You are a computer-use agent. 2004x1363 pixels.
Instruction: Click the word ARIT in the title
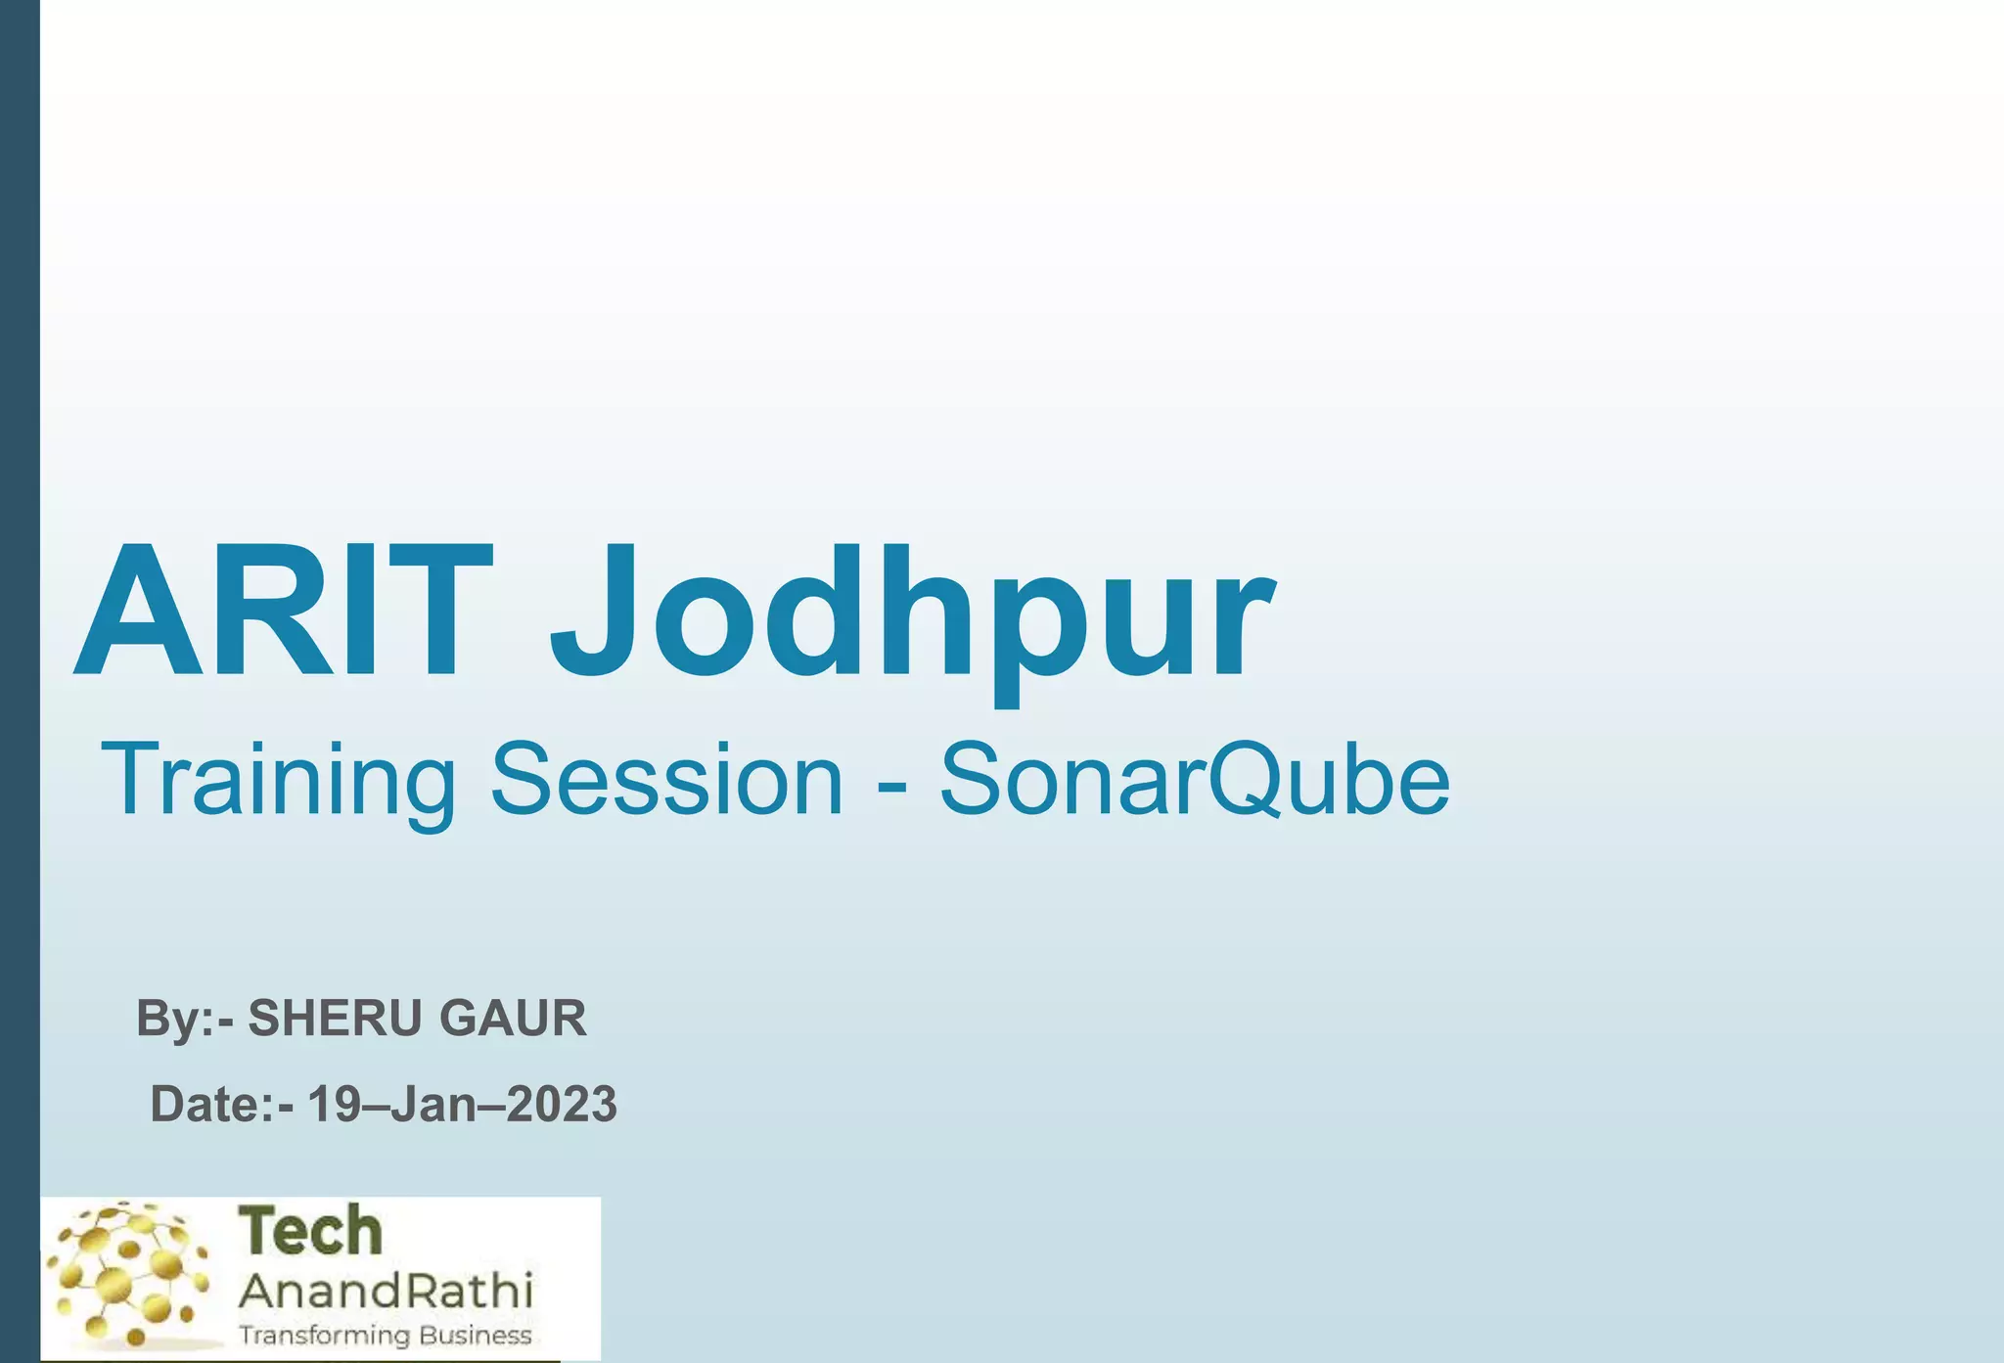coord(284,612)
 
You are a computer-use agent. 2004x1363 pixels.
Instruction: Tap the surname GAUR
coord(513,1019)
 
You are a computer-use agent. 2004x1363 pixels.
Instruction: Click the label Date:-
coord(221,1105)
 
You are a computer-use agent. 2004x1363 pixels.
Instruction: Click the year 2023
coord(562,1105)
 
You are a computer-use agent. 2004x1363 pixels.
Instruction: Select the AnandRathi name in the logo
coord(386,1292)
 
